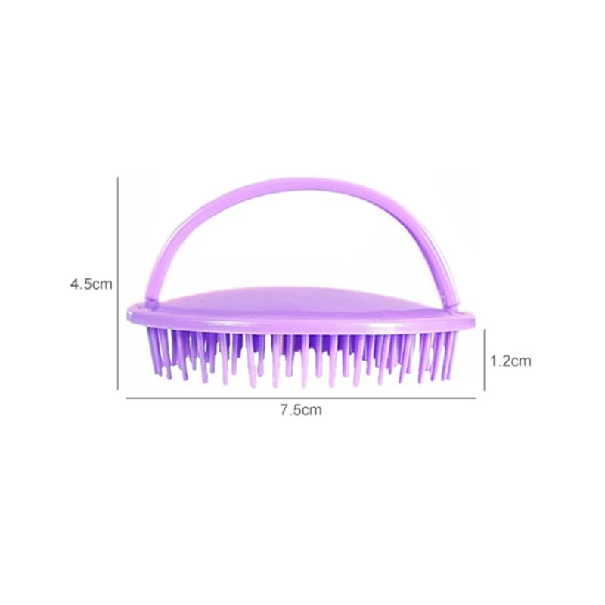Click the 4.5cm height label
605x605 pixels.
point(91,284)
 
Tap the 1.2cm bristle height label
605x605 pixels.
point(510,361)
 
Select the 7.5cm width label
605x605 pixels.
point(301,411)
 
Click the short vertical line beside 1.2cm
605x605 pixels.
point(484,360)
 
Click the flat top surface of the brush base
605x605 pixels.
point(302,302)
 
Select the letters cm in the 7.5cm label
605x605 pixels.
point(312,411)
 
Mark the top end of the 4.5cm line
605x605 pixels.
point(119,178)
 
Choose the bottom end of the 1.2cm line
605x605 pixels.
point(484,390)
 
